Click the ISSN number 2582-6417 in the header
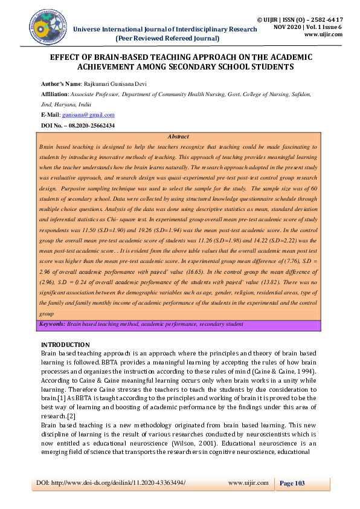coord(333,10)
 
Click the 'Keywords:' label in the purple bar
coord(52,325)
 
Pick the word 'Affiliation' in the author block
coord(54,95)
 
